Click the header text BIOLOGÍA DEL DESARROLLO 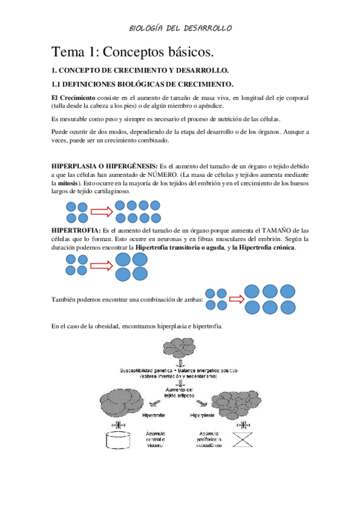180,28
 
